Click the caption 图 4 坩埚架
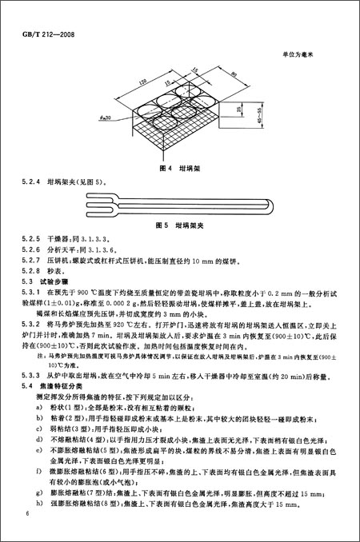179,169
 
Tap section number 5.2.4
34,183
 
